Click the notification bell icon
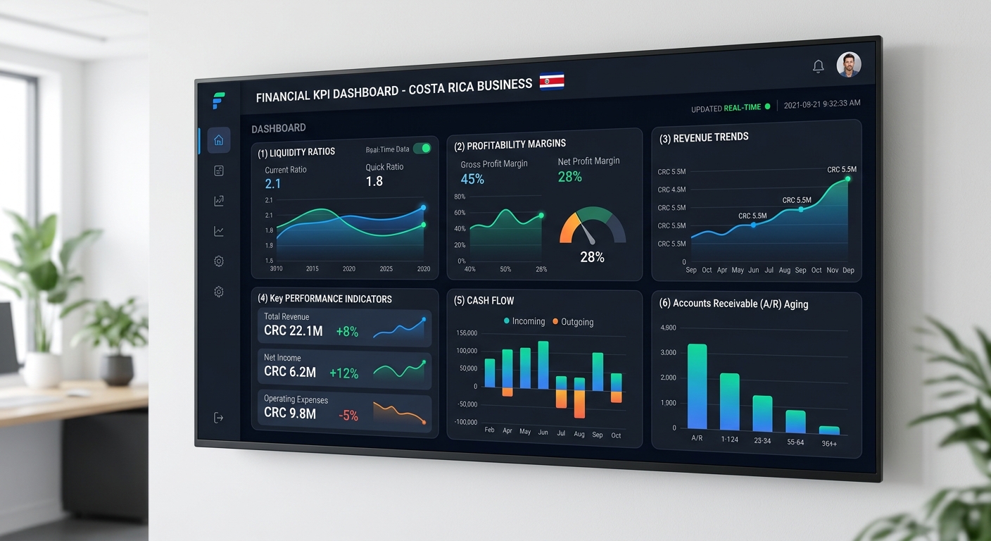(x=818, y=66)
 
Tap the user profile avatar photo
(x=849, y=65)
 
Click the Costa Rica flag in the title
(x=552, y=82)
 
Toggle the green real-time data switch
(x=422, y=148)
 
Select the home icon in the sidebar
(x=219, y=140)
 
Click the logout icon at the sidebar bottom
(x=219, y=418)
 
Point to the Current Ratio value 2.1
(x=273, y=184)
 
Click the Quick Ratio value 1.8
(x=374, y=181)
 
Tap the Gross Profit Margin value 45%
(x=472, y=180)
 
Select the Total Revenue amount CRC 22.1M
(x=293, y=330)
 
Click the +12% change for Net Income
(x=343, y=373)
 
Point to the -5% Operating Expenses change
(x=348, y=416)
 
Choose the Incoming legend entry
(x=524, y=321)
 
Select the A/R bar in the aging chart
(x=697, y=386)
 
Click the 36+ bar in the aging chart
(x=829, y=430)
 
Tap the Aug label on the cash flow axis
(x=579, y=434)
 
